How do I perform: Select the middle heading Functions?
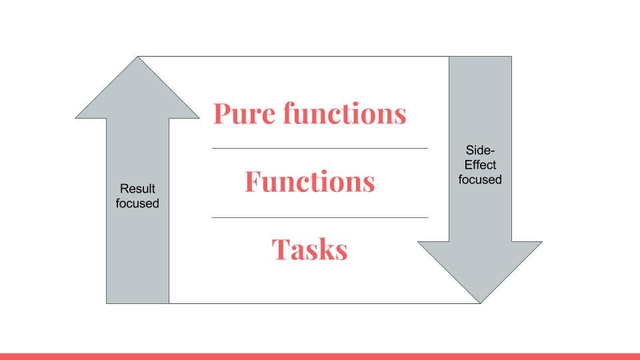coord(309,181)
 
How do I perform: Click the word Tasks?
coord(309,249)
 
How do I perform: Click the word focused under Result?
coord(137,203)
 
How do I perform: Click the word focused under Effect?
coord(480,179)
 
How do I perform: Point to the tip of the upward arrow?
coord(138,59)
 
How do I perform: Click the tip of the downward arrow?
coord(480,301)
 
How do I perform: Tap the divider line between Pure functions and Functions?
coord(319,148)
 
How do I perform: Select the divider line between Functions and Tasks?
coord(319,217)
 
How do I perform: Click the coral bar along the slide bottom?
coord(320,356)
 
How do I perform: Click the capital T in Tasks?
coord(279,249)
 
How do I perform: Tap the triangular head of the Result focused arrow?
coord(138,93)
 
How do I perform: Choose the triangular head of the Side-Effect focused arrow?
coord(480,267)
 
